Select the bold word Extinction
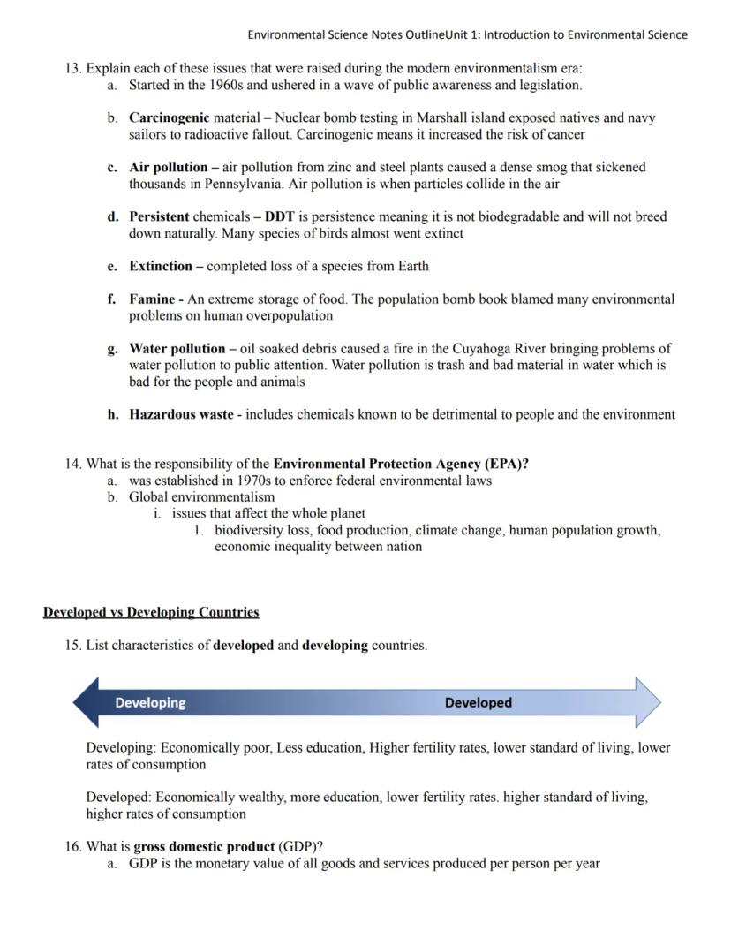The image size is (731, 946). pos(161,266)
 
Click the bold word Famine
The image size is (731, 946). pos(152,299)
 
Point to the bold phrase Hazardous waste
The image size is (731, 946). pos(181,414)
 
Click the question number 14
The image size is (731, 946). pos(72,464)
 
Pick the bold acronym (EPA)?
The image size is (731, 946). pos(507,464)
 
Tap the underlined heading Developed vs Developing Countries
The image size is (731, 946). pos(151,612)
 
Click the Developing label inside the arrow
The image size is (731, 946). pos(150,703)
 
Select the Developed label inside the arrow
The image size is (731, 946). pos(478,703)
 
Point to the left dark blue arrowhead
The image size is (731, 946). pos(87,703)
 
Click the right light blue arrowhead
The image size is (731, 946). pos(648,703)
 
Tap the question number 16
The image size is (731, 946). pos(72,846)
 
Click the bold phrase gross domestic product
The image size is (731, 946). pos(204,846)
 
